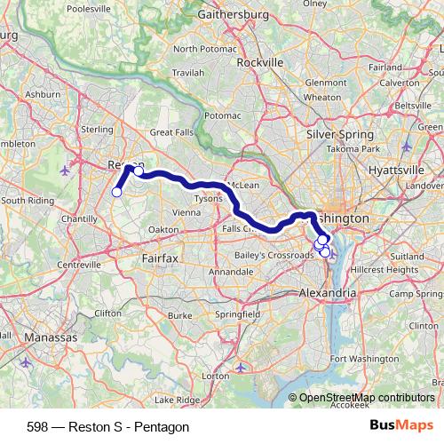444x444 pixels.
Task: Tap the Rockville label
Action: click(x=260, y=63)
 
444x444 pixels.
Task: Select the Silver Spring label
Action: click(x=339, y=134)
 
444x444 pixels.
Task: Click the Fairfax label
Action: click(x=160, y=257)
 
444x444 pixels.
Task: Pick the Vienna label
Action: click(x=186, y=212)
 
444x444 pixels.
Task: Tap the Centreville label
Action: click(x=53, y=264)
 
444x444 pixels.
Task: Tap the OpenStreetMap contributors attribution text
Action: click(x=367, y=398)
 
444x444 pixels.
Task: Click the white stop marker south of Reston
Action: click(x=116, y=192)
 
